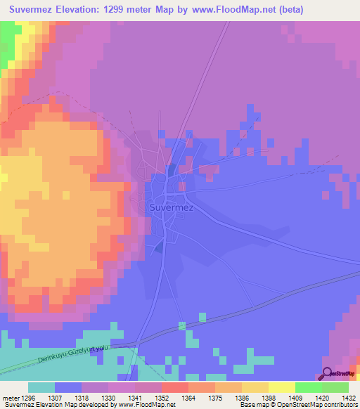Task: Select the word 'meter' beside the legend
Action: (x=9, y=397)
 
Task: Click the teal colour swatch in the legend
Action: (x=41, y=387)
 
